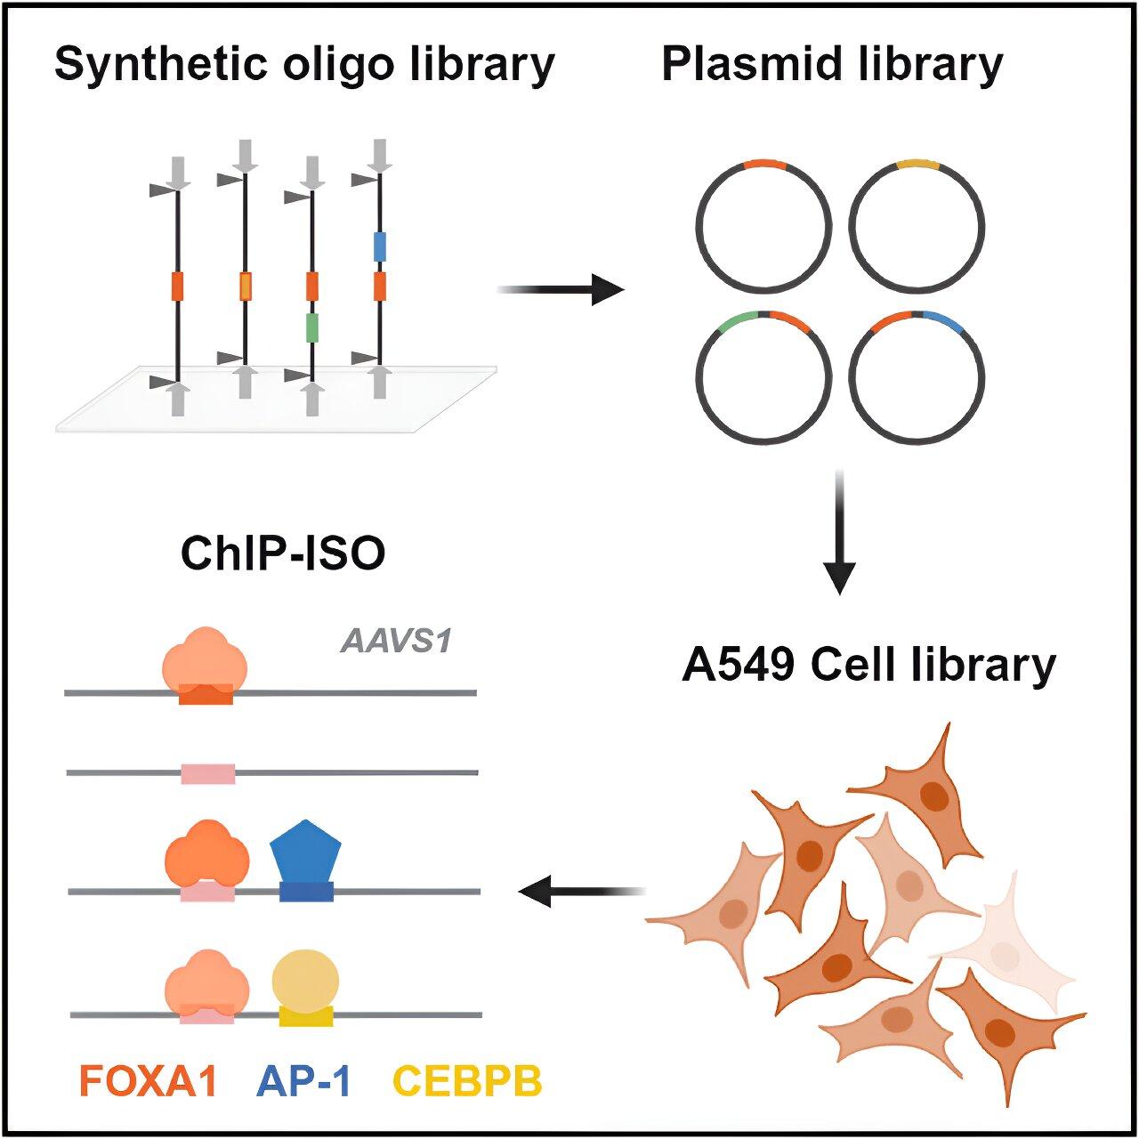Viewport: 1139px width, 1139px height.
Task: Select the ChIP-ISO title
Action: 283,553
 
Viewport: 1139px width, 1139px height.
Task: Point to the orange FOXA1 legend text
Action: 149,1081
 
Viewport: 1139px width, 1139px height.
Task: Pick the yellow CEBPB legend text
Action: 467,1081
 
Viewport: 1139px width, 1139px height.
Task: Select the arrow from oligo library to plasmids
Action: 561,289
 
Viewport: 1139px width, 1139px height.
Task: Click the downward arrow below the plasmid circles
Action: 839,532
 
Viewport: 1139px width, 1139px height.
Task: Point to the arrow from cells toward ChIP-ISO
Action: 581,891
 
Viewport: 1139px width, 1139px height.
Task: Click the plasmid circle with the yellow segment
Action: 917,228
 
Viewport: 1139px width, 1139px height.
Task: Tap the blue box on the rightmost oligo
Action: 380,246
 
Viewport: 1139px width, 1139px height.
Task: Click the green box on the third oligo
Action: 311,328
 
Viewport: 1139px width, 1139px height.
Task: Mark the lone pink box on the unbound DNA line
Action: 208,773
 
